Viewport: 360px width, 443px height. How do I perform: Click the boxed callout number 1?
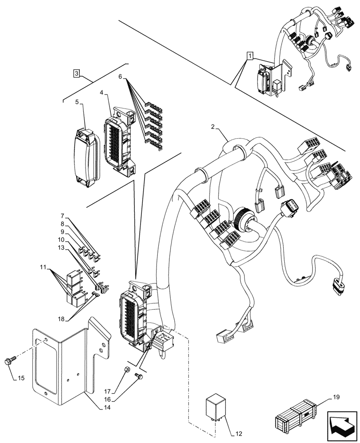(x=250, y=56)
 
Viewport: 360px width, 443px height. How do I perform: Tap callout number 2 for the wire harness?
(x=213, y=127)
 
